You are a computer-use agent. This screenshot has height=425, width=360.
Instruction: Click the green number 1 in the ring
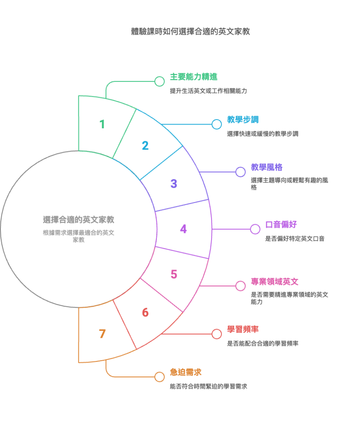tap(102, 125)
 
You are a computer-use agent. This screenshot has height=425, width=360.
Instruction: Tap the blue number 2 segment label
tap(145, 146)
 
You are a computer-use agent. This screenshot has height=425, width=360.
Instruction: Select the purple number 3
tap(174, 184)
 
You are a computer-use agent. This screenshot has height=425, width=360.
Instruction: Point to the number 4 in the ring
tap(183, 229)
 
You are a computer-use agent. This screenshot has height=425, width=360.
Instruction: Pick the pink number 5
tap(174, 274)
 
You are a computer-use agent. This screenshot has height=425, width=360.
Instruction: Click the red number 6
tap(145, 313)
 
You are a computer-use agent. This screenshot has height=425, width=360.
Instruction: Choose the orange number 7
tap(102, 334)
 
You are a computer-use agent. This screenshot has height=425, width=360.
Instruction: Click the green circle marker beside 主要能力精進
tap(160, 81)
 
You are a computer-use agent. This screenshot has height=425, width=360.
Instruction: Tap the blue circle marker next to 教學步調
tap(216, 125)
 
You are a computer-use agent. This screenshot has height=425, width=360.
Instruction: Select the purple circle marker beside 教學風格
tap(241, 172)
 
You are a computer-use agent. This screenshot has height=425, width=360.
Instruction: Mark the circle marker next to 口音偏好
tap(255, 229)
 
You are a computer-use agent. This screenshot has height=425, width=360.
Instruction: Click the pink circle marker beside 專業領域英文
tap(241, 286)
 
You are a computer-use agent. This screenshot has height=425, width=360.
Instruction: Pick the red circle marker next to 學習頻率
tap(216, 334)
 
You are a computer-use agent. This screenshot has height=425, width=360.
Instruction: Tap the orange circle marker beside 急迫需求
tap(160, 377)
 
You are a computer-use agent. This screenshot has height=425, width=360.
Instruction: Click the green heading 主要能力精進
tap(194, 77)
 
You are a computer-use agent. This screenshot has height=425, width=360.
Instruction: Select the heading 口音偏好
tap(281, 225)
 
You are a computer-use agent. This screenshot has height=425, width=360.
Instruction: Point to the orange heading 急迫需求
tap(186, 372)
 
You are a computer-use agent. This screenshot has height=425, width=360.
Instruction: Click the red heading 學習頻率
tap(243, 330)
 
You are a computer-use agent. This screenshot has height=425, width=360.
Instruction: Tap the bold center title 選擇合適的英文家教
tap(78, 220)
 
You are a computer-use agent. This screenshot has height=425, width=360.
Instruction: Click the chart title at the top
tap(190, 32)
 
